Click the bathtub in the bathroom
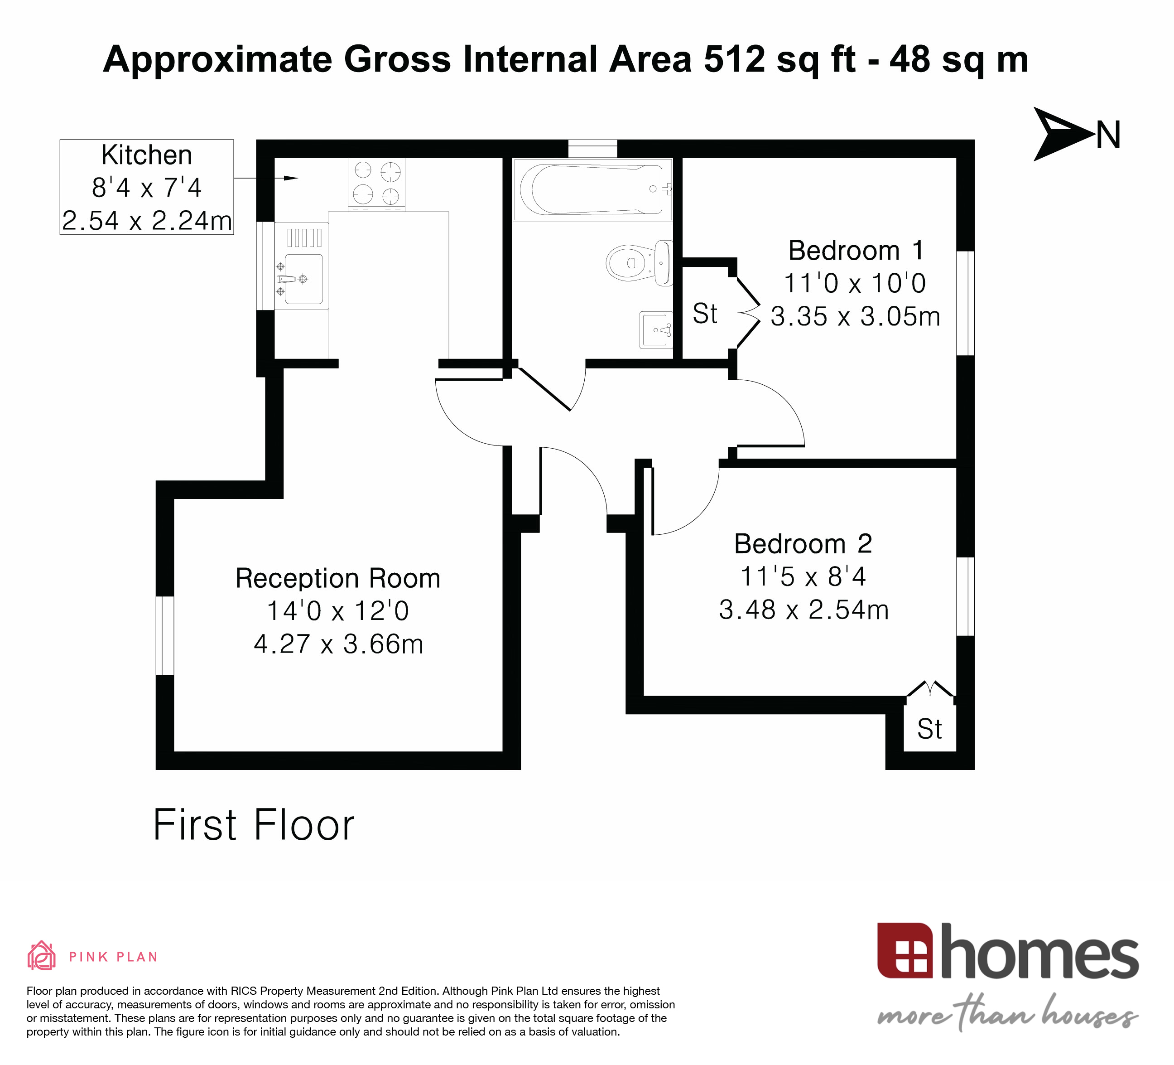tap(591, 189)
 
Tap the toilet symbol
tap(638, 263)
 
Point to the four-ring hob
tap(376, 183)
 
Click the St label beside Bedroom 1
tap(705, 314)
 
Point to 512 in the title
tap(733, 59)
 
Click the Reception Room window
tap(165, 635)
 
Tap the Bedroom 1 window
tap(965, 303)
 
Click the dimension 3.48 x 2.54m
tap(803, 610)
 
